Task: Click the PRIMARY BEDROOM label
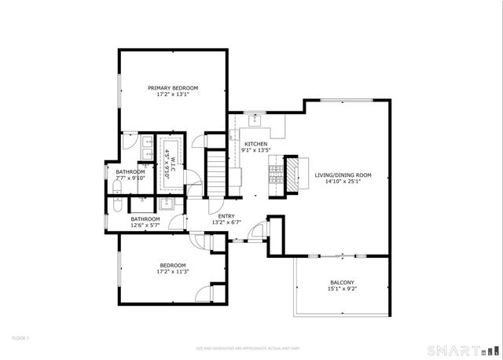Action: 173,88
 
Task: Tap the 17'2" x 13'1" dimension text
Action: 173,95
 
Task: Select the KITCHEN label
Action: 255,145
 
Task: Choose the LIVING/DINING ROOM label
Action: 343,175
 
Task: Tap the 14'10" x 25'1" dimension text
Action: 343,182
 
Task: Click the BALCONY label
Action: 342,284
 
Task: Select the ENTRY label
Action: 226,215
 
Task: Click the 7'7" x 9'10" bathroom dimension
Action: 130,178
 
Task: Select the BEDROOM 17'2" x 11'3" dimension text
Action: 172,272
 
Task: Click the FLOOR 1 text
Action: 20,337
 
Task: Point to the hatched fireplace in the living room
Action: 292,174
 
